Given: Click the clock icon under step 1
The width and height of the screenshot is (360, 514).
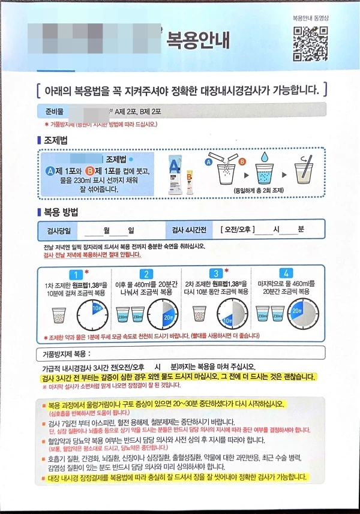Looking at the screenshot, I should [92, 311].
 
